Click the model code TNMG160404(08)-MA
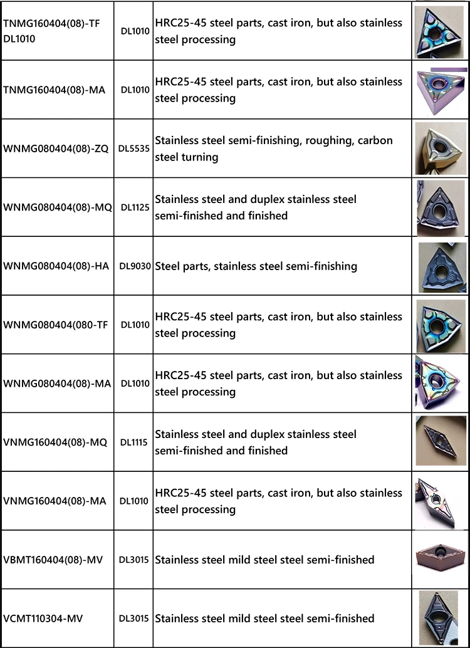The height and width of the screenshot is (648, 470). (x=54, y=90)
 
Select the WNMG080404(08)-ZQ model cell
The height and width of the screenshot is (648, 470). (x=56, y=149)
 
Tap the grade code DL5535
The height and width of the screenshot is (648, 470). (x=133, y=149)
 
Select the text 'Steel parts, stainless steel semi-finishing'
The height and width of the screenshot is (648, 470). (x=256, y=266)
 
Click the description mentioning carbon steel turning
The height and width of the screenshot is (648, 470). (x=274, y=149)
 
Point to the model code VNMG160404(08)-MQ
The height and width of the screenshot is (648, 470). (x=55, y=442)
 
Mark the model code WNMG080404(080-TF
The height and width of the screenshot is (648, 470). (x=56, y=325)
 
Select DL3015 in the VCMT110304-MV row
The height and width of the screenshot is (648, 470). (x=133, y=619)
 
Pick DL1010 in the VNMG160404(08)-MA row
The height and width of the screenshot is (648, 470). (x=135, y=501)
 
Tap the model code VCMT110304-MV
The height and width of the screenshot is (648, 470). (x=43, y=619)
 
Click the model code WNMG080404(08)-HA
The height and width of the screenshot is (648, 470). (x=56, y=266)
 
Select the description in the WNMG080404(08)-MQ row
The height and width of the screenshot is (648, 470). (x=256, y=207)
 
